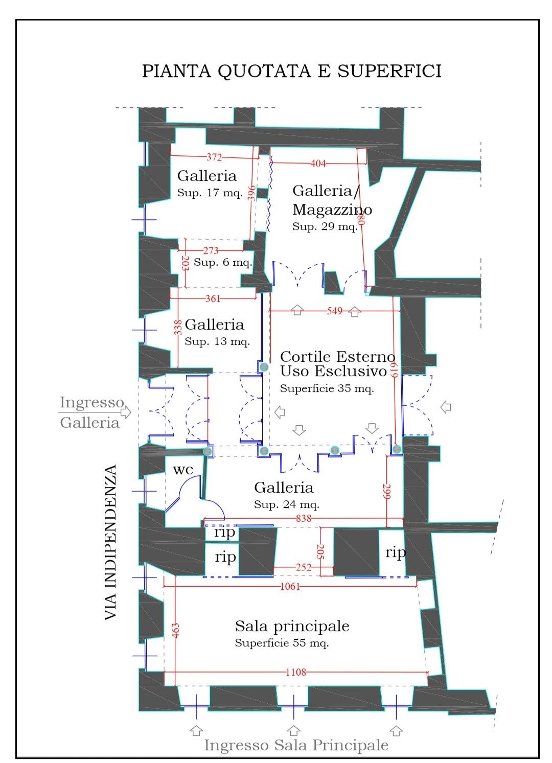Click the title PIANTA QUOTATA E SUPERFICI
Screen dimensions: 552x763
tap(292, 71)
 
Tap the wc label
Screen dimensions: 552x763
tap(183, 470)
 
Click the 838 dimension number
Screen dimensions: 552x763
tap(303, 518)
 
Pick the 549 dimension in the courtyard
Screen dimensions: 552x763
tap(335, 311)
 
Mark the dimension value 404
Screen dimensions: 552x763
tap(318, 164)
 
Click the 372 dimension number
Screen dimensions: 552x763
tap(214, 157)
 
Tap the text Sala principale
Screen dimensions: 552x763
tap(292, 626)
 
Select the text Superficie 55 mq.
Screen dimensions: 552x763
tap(282, 643)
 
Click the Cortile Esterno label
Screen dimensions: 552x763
tap(337, 357)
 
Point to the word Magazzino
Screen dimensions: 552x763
tap(332, 210)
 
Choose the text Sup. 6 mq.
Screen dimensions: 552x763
tap(223, 262)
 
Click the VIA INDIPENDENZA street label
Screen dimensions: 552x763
tap(110, 542)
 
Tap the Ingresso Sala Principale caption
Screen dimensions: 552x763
tap(296, 745)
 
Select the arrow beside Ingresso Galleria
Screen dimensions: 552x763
tap(126, 412)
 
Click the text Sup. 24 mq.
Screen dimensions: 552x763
tap(287, 504)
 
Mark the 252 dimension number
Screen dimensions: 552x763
tap(303, 567)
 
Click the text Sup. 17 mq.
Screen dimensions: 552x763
tap(210, 193)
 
